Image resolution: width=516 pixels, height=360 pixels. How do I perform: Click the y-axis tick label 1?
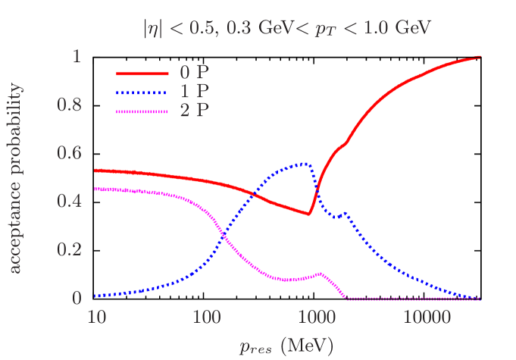click(75, 57)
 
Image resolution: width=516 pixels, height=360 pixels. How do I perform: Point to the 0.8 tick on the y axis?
click(69, 105)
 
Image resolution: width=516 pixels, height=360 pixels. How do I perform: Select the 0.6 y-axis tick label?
click(69, 153)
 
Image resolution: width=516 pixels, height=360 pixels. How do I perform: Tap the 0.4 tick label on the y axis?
click(69, 202)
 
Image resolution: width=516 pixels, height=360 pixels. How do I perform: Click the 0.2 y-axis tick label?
click(69, 250)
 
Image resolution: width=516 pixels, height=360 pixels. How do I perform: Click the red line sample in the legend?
click(142, 74)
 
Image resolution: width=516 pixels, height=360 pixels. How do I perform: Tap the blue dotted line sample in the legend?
click(142, 92)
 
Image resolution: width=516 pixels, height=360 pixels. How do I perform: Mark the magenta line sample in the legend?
click(142, 111)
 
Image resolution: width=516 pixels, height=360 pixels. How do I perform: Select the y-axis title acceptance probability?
click(16, 177)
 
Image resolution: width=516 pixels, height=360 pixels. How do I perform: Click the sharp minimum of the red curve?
click(308, 214)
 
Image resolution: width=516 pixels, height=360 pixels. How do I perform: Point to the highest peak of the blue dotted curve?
click(305, 163)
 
